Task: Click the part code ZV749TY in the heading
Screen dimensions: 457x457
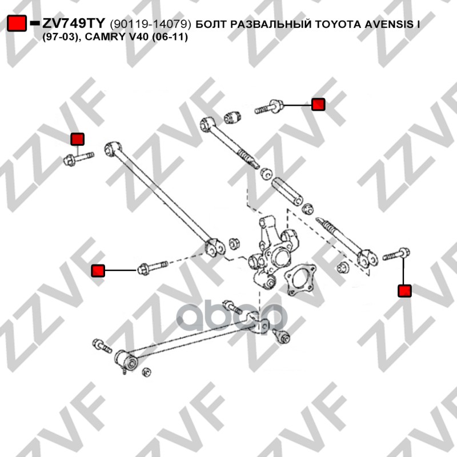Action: [x=73, y=23]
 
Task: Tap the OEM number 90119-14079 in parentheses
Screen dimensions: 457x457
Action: [x=150, y=24]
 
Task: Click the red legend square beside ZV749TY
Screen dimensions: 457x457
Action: [x=17, y=23]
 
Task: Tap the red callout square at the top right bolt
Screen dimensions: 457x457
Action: [x=318, y=105]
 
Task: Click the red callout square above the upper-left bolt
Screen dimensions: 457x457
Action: [x=78, y=139]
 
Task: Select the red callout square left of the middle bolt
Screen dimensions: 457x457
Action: [x=98, y=270]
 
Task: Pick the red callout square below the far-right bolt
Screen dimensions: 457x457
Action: [x=404, y=291]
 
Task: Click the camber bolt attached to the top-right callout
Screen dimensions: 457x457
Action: [x=268, y=107]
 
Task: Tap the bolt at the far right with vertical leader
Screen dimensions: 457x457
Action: [x=396, y=254]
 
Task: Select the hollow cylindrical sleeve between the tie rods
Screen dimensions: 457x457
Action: [x=287, y=191]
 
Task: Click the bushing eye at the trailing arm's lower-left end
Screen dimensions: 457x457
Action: [x=128, y=362]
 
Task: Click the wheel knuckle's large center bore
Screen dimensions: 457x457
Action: [x=281, y=256]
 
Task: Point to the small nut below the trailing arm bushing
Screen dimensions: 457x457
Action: [x=147, y=372]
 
